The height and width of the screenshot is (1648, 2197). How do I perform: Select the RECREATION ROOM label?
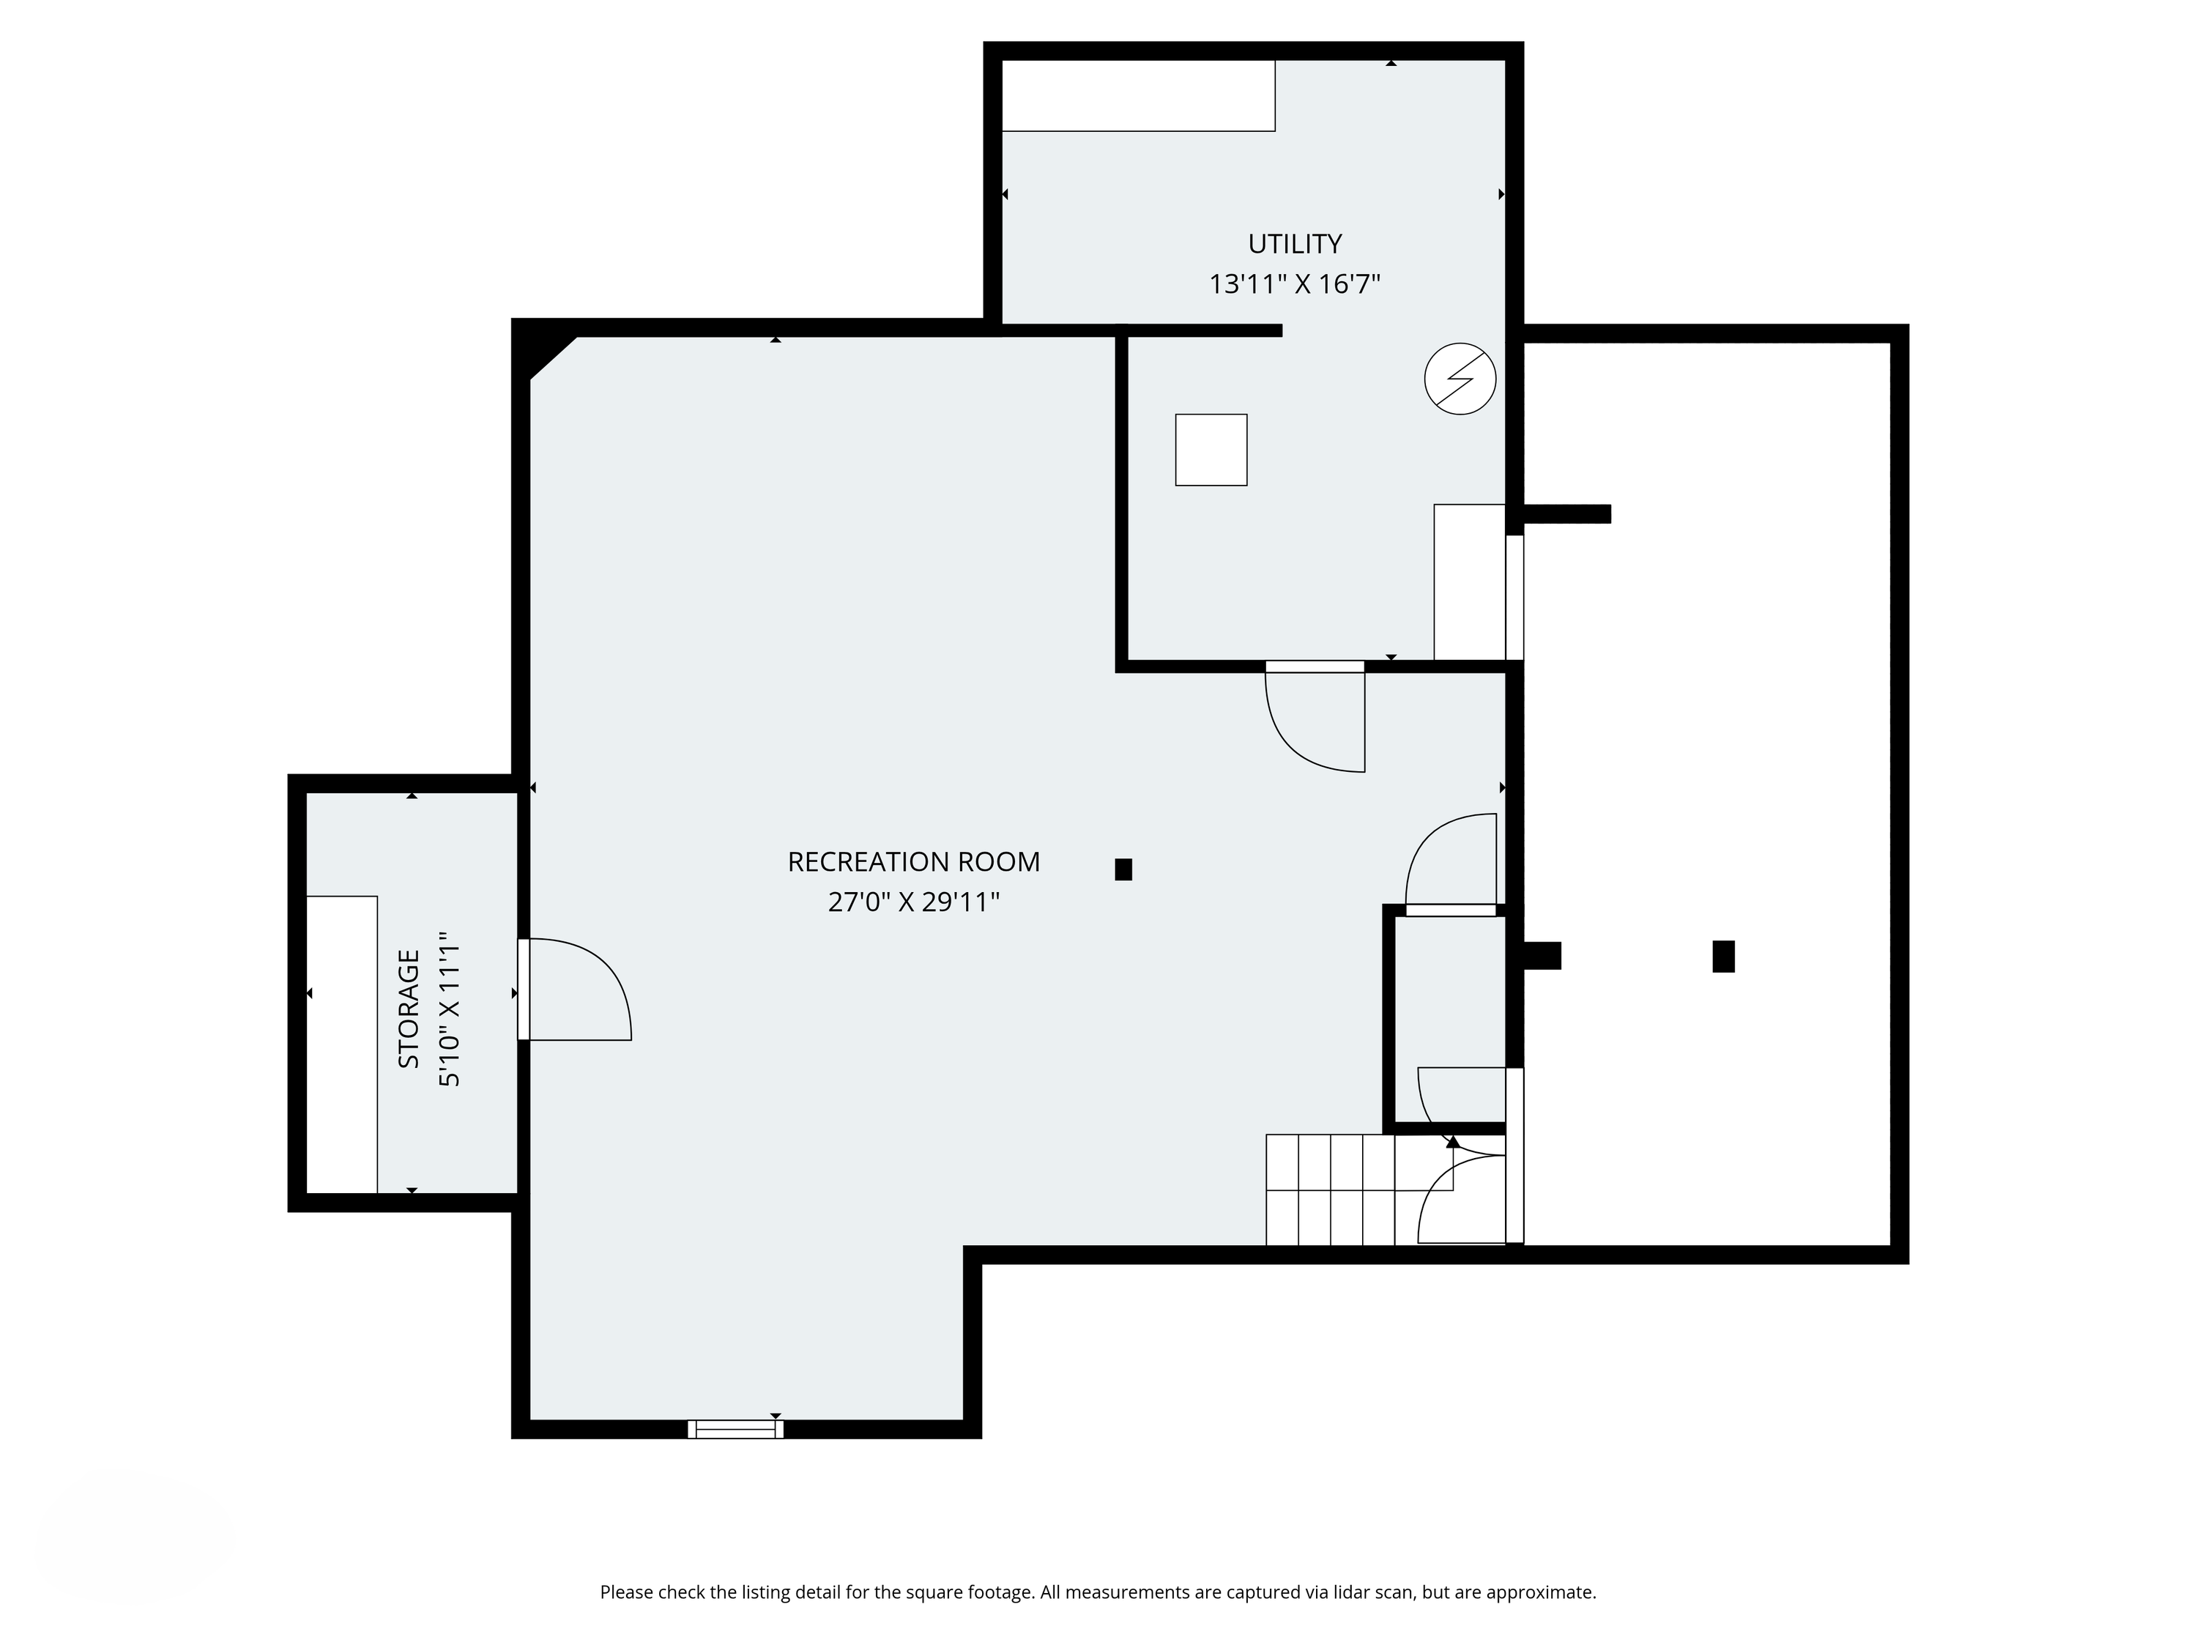(914, 861)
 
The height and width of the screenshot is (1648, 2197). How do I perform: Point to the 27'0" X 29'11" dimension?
(914, 902)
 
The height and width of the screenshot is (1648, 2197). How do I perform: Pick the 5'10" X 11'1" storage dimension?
(450, 1009)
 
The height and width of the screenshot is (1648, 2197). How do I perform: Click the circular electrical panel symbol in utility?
(1460, 379)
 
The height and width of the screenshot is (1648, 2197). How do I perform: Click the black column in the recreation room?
(1123, 869)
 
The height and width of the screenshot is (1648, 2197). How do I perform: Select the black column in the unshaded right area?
(1723, 956)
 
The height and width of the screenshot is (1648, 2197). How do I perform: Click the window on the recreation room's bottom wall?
(735, 1428)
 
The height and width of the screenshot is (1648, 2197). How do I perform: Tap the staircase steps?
(1361, 1189)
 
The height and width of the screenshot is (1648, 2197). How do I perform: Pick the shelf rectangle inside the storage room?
(342, 1044)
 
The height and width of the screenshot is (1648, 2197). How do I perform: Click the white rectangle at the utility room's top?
(1138, 95)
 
